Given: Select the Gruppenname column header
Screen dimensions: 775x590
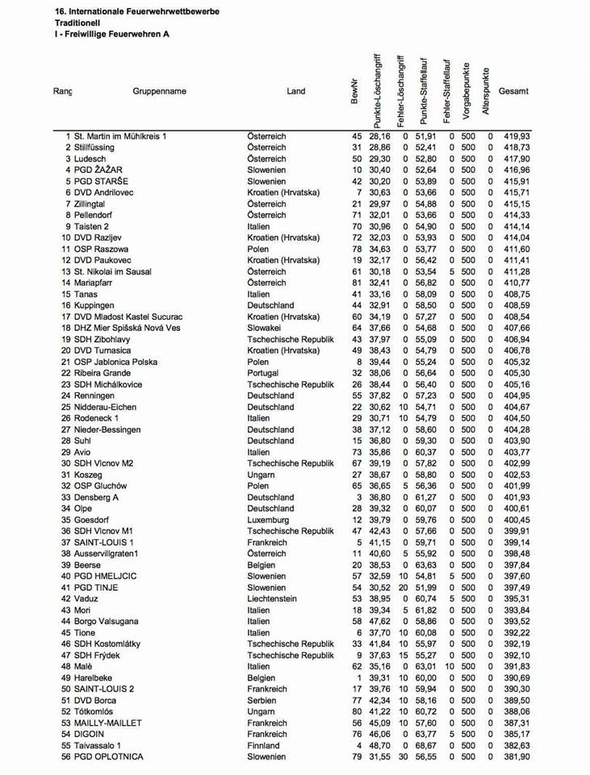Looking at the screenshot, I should (x=159, y=91).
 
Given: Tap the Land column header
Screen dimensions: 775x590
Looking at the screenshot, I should (x=296, y=91).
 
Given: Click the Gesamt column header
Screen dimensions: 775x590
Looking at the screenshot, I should (x=513, y=91).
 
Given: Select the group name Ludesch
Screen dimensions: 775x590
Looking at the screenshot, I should (x=90, y=159).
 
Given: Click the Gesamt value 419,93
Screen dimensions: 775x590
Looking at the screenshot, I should (x=517, y=136).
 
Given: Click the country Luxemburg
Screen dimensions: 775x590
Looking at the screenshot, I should (x=268, y=520).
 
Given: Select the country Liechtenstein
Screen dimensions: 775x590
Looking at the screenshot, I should (x=272, y=599).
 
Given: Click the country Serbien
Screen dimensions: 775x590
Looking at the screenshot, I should (x=264, y=701).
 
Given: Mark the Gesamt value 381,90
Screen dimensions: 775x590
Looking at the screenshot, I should (x=517, y=757).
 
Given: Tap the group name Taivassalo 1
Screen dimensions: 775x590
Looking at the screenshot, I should (x=98, y=746).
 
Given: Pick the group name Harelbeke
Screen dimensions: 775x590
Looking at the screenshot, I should (x=94, y=678).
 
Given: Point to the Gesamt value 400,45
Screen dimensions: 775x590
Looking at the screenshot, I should (x=517, y=520).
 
